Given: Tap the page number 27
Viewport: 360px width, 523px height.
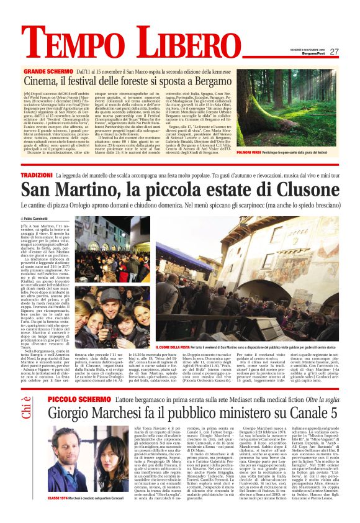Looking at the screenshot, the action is [x=333, y=52].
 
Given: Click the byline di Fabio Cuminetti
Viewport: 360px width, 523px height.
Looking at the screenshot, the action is [x=54, y=219].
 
